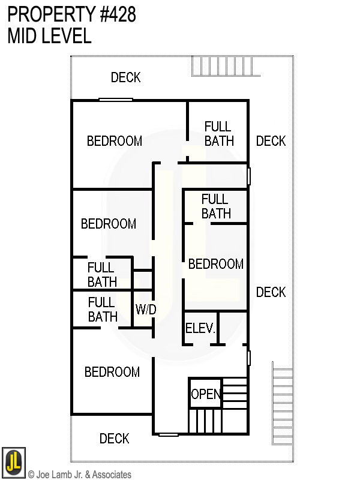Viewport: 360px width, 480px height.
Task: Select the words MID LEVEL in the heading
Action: click(x=49, y=36)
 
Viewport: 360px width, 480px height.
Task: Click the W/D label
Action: click(x=146, y=310)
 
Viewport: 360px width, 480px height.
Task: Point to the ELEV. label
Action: click(x=200, y=329)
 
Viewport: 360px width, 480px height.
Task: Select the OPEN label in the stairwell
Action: click(x=206, y=394)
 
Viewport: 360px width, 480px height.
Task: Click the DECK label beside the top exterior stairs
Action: click(x=126, y=77)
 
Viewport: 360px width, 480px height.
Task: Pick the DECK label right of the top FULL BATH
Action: click(x=271, y=141)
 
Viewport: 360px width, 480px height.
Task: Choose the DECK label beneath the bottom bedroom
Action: click(x=114, y=439)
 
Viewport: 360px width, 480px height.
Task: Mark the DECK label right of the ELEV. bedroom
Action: click(x=271, y=292)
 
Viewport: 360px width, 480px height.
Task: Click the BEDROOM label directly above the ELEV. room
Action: click(x=216, y=264)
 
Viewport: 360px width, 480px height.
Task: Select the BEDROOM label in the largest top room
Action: click(x=115, y=141)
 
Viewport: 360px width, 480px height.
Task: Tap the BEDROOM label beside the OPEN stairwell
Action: click(x=112, y=372)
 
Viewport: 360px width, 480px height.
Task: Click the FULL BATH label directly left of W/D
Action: click(x=103, y=309)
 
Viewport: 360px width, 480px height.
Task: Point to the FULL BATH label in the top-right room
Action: click(x=218, y=134)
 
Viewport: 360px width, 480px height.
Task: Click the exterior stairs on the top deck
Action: click(x=226, y=65)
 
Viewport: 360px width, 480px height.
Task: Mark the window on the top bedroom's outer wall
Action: click(x=115, y=100)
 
